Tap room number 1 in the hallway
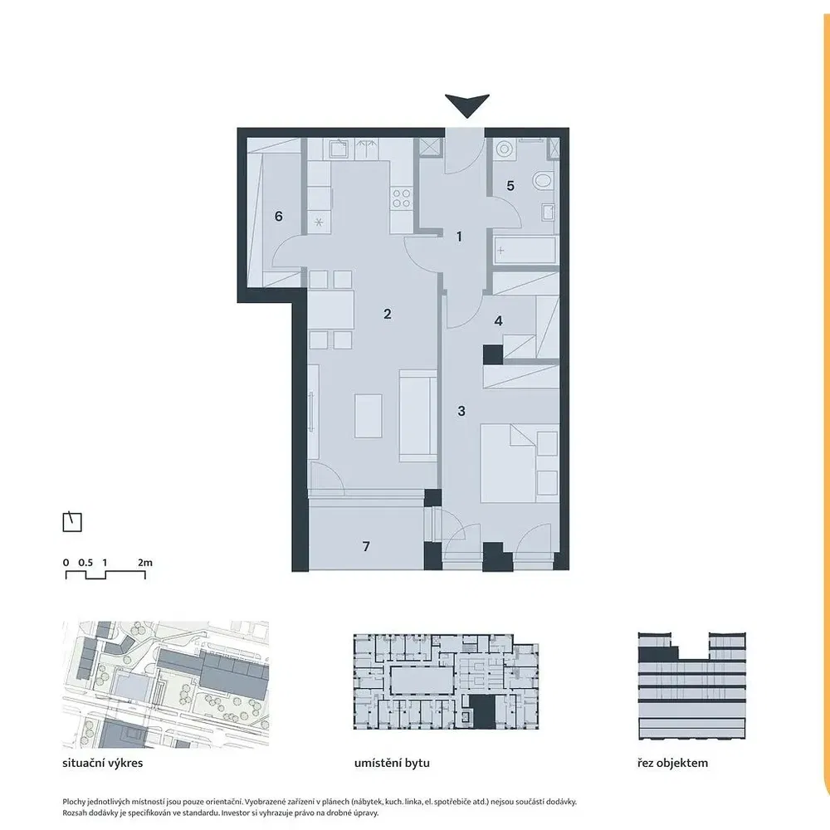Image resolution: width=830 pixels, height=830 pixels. tap(459, 237)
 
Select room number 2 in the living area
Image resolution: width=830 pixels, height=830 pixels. tap(387, 314)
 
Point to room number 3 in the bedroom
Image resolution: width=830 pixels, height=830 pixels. tap(461, 411)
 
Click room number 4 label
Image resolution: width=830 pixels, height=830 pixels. tap(498, 320)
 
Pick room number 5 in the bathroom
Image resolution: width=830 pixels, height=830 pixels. tap(510, 186)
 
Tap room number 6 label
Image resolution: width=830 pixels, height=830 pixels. tap(278, 216)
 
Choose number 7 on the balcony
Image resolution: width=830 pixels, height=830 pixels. tap(366, 546)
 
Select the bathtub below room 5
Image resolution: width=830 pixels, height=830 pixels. tap(525, 250)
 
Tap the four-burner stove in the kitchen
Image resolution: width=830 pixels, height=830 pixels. tap(401, 198)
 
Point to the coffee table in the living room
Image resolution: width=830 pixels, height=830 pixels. tap(368, 416)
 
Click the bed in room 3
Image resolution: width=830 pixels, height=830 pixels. tap(519, 462)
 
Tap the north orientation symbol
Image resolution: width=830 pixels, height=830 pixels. tap(72, 521)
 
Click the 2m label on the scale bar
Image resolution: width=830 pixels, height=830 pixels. tap(145, 563)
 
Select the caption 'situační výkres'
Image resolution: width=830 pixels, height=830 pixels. tap(103, 764)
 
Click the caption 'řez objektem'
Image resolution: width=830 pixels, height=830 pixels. tap(673, 764)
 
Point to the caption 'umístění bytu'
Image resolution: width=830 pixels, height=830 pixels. tap(393, 764)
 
